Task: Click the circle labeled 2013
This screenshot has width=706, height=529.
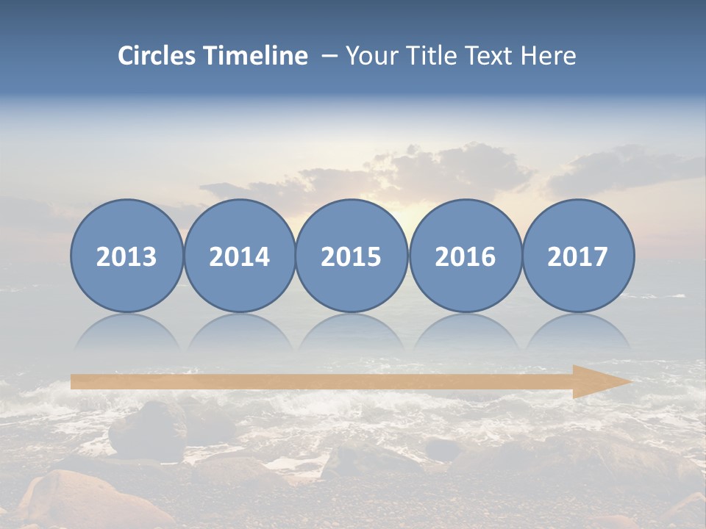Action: (126, 256)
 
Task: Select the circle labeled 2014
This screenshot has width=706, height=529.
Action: (239, 256)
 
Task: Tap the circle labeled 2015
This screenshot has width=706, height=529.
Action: (352, 256)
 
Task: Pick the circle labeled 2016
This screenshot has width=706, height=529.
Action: (465, 256)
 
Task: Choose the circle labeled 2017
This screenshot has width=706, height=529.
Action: (577, 256)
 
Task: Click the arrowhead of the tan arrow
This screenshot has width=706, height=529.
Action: (599, 381)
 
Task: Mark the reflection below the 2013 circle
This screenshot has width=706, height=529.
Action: (126, 333)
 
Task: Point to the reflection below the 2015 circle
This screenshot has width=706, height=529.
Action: (352, 333)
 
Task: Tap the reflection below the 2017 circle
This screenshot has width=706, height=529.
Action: (577, 333)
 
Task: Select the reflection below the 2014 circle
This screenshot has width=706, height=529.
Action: (239, 333)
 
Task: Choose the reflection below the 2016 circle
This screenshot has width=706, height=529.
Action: (465, 333)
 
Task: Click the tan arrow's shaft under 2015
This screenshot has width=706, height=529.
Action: (352, 381)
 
